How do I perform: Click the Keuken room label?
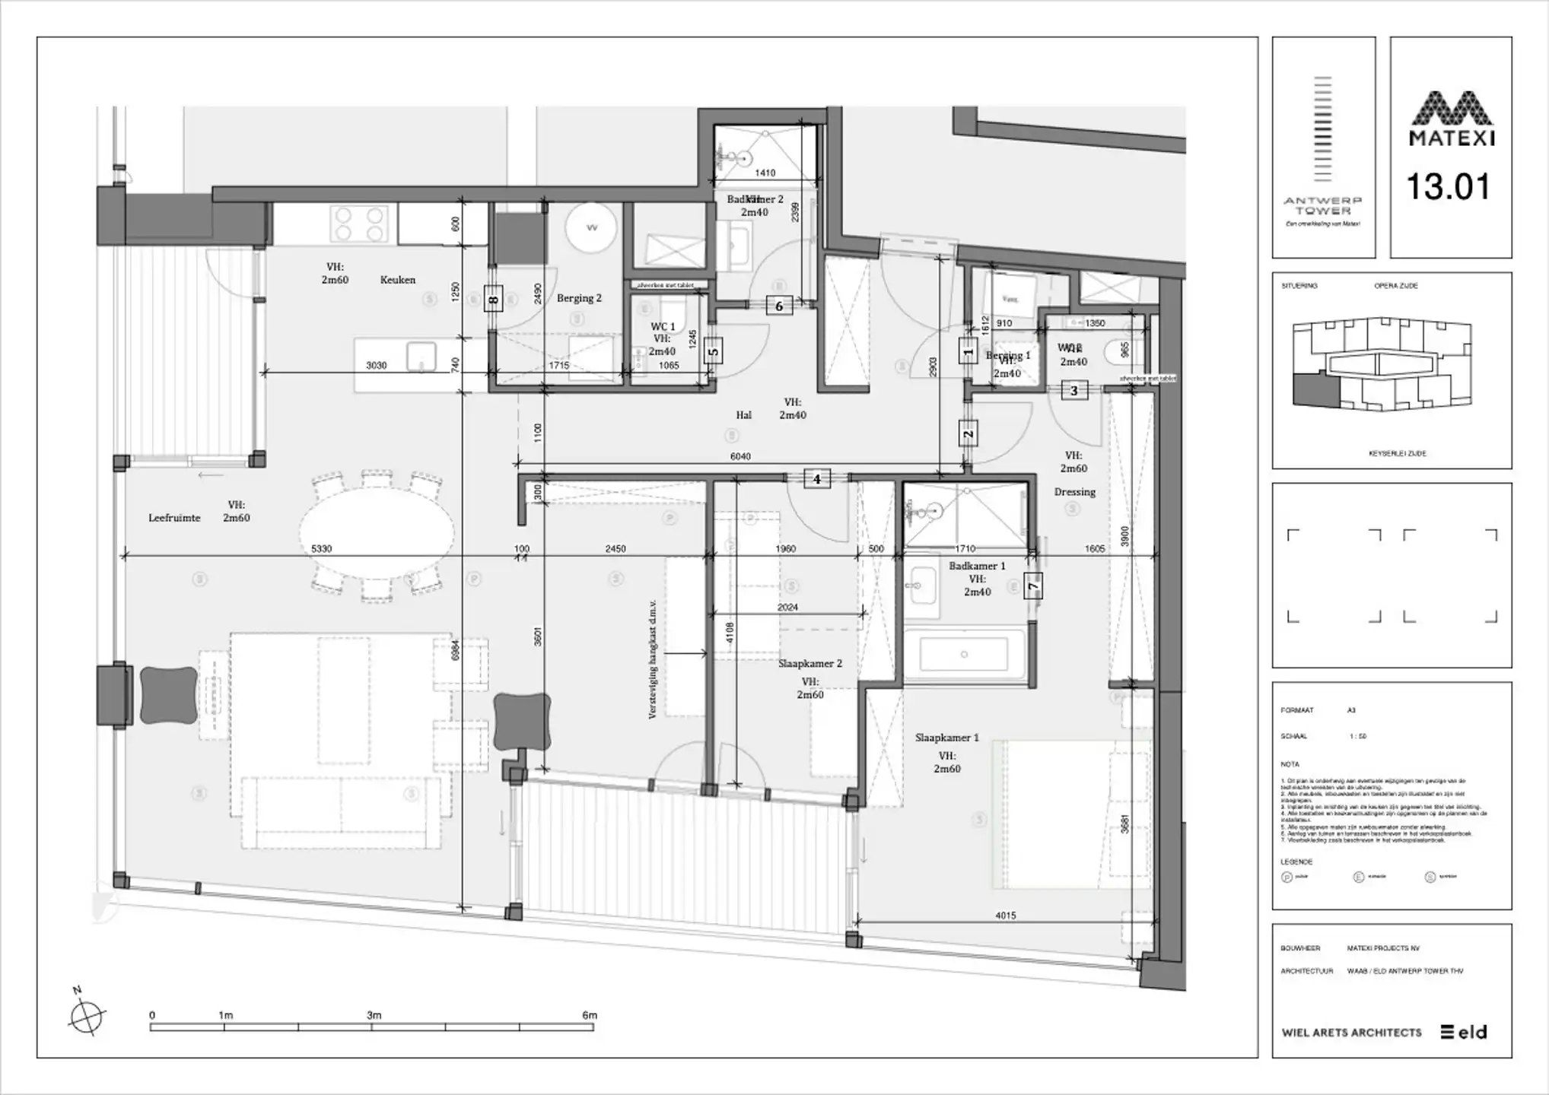coord(397,280)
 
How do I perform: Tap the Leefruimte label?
coord(174,518)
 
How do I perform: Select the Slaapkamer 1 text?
coord(946,738)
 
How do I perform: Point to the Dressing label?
coord(1074,492)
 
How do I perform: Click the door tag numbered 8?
coord(493,300)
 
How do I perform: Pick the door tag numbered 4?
coord(817,479)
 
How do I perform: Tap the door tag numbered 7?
coord(1032,586)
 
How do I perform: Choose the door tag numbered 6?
coord(779,306)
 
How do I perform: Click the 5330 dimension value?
coord(322,548)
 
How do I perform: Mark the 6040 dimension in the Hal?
coord(740,456)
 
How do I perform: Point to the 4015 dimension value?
coord(1005,916)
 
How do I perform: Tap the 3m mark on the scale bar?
coord(374,1015)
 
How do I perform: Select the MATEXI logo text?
coord(1452,138)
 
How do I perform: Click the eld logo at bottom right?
coord(1464,1032)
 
